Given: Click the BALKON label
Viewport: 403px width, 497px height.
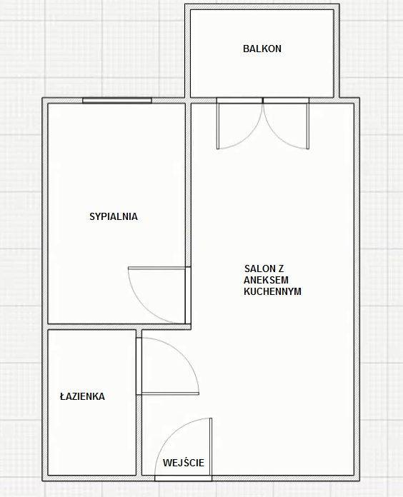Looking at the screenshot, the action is pos(262,49).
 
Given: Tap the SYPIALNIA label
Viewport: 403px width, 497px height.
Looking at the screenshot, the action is pos(114,216).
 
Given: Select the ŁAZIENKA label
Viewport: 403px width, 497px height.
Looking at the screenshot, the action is pos(82,396).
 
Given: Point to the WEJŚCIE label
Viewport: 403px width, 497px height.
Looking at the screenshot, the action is pos(184,463).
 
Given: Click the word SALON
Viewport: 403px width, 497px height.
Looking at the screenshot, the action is pos(259,268).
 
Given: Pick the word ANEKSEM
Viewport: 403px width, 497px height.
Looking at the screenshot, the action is pos(266,280).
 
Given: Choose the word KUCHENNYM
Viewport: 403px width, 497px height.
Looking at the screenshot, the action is pos(272,291).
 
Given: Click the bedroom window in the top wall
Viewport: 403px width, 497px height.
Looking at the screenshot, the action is pos(117,101).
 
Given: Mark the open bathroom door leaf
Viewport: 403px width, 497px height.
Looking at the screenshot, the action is pos(170,394).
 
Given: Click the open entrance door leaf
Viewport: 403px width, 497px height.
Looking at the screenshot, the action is pos(211,446).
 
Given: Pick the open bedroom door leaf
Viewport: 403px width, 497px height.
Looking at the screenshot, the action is pos(156,268).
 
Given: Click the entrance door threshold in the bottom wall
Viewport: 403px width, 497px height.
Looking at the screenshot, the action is pos(183,478).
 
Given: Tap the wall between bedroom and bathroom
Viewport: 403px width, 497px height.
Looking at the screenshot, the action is pos(116,327).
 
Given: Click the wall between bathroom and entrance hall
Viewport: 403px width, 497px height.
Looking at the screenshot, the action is pos(139,403).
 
